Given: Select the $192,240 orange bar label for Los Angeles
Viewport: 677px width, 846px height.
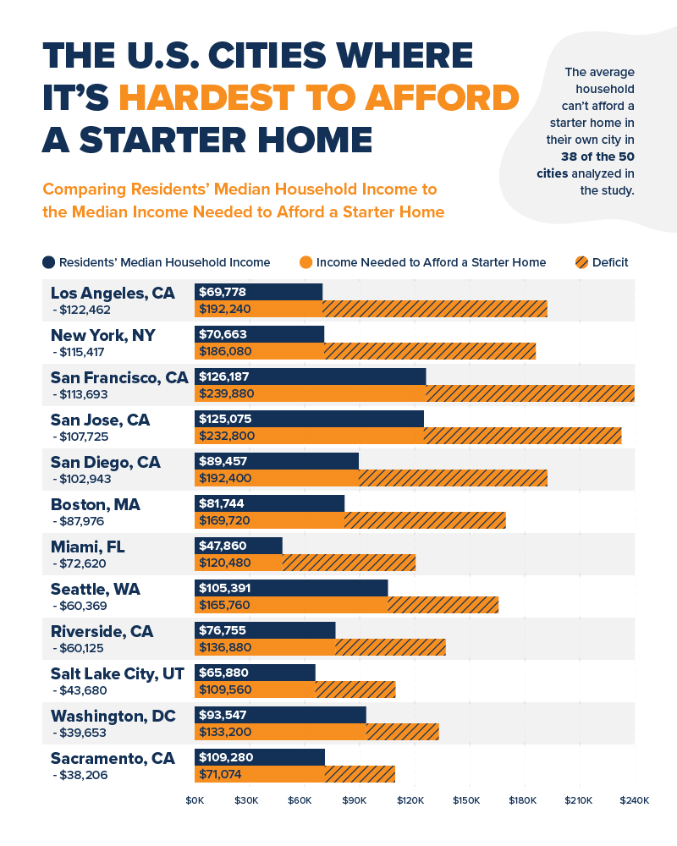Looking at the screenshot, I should pyautogui.click(x=224, y=309).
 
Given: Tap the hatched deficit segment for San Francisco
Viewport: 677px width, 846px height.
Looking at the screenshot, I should pyautogui.click(x=530, y=393).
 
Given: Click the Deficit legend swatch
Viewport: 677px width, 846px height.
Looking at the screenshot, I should pyautogui.click(x=581, y=262).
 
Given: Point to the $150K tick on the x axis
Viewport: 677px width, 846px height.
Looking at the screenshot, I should pyautogui.click(x=466, y=799).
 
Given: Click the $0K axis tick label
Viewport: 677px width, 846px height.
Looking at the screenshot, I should pyautogui.click(x=195, y=799).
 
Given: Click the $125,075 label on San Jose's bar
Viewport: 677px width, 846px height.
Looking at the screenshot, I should pyautogui.click(x=225, y=419).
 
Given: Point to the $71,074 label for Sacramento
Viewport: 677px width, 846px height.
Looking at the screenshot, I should pyautogui.click(x=222, y=774).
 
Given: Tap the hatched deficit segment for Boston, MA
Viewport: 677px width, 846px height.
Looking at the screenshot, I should pyautogui.click(x=425, y=520).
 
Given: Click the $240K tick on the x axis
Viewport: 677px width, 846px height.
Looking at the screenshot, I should pyautogui.click(x=634, y=799).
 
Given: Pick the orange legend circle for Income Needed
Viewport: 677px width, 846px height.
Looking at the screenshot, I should pyautogui.click(x=306, y=262).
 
